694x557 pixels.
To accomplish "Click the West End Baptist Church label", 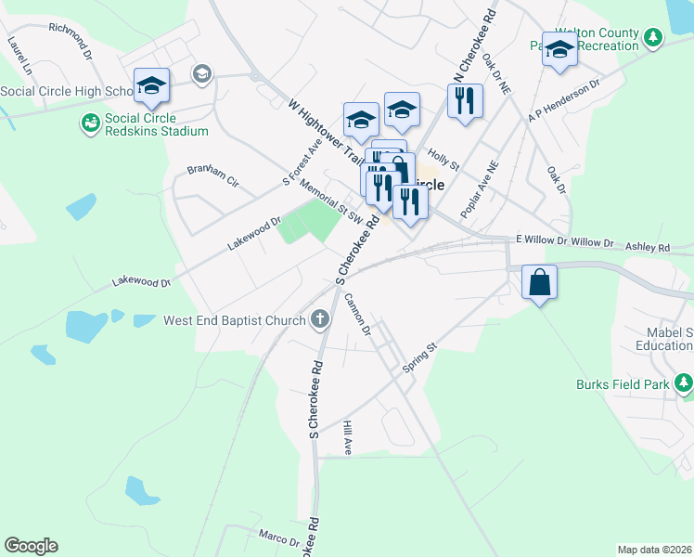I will (x=234, y=321).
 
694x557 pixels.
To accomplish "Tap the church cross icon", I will (x=320, y=321).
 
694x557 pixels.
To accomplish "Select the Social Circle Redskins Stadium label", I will (x=156, y=124).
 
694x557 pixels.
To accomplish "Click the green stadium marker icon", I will (x=90, y=123).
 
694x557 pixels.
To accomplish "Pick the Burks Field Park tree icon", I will (x=684, y=382).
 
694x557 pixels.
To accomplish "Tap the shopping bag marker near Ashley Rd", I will (x=539, y=280).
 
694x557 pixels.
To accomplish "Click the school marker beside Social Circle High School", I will (x=151, y=86).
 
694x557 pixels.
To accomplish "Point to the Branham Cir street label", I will (x=212, y=175).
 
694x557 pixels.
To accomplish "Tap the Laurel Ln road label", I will (x=19, y=57).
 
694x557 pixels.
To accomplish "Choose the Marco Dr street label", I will (x=279, y=538).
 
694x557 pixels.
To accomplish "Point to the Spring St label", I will (x=419, y=359).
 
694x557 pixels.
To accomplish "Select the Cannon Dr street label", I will (x=358, y=314).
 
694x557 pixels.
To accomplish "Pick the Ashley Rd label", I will (x=648, y=248).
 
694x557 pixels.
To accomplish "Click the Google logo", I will (x=31, y=546).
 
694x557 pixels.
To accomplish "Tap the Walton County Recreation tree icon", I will (x=656, y=37).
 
